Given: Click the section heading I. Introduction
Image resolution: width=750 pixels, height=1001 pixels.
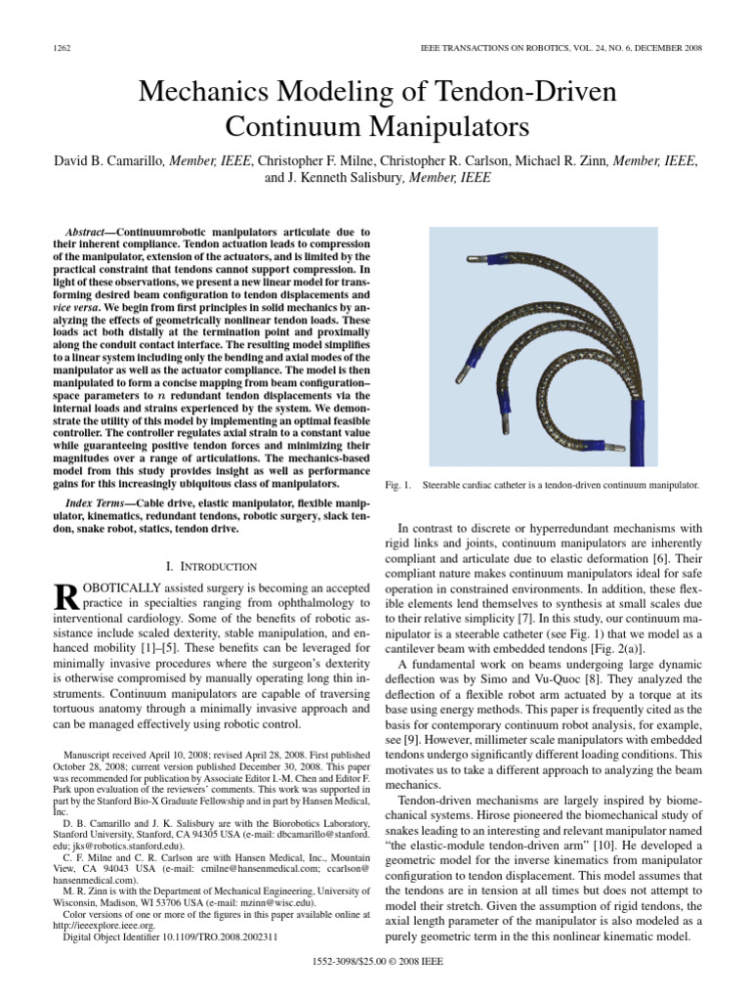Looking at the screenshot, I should (212, 566).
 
